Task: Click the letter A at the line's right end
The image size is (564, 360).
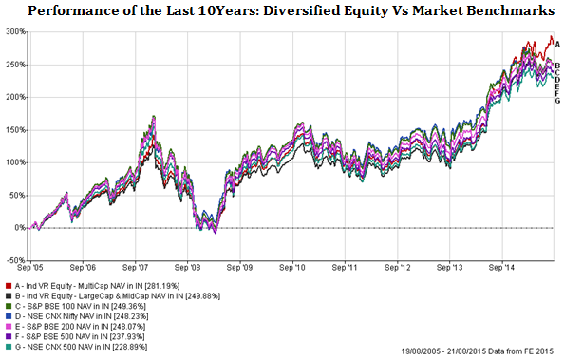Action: click(557, 44)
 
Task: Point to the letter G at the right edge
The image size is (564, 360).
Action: click(557, 101)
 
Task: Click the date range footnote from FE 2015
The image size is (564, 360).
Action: click(463, 351)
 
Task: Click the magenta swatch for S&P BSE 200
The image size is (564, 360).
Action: click(8, 327)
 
